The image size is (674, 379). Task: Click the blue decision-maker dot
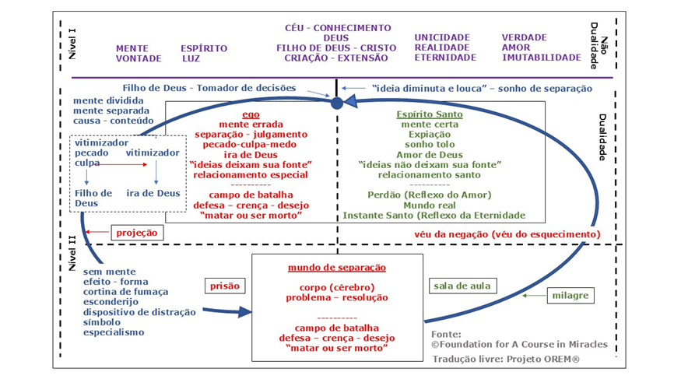(336, 103)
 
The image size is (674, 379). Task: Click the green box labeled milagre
(571, 296)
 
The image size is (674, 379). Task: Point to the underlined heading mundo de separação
(337, 267)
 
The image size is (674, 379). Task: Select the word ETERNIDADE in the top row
(444, 58)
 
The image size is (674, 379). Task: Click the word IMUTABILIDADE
(541, 58)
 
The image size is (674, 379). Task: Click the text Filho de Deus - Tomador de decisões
(216, 88)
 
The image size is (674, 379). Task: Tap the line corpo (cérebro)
(337, 286)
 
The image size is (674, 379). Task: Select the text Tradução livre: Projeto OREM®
(509, 359)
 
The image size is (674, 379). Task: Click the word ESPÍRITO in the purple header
(204, 48)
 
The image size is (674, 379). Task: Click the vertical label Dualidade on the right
(602, 137)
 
